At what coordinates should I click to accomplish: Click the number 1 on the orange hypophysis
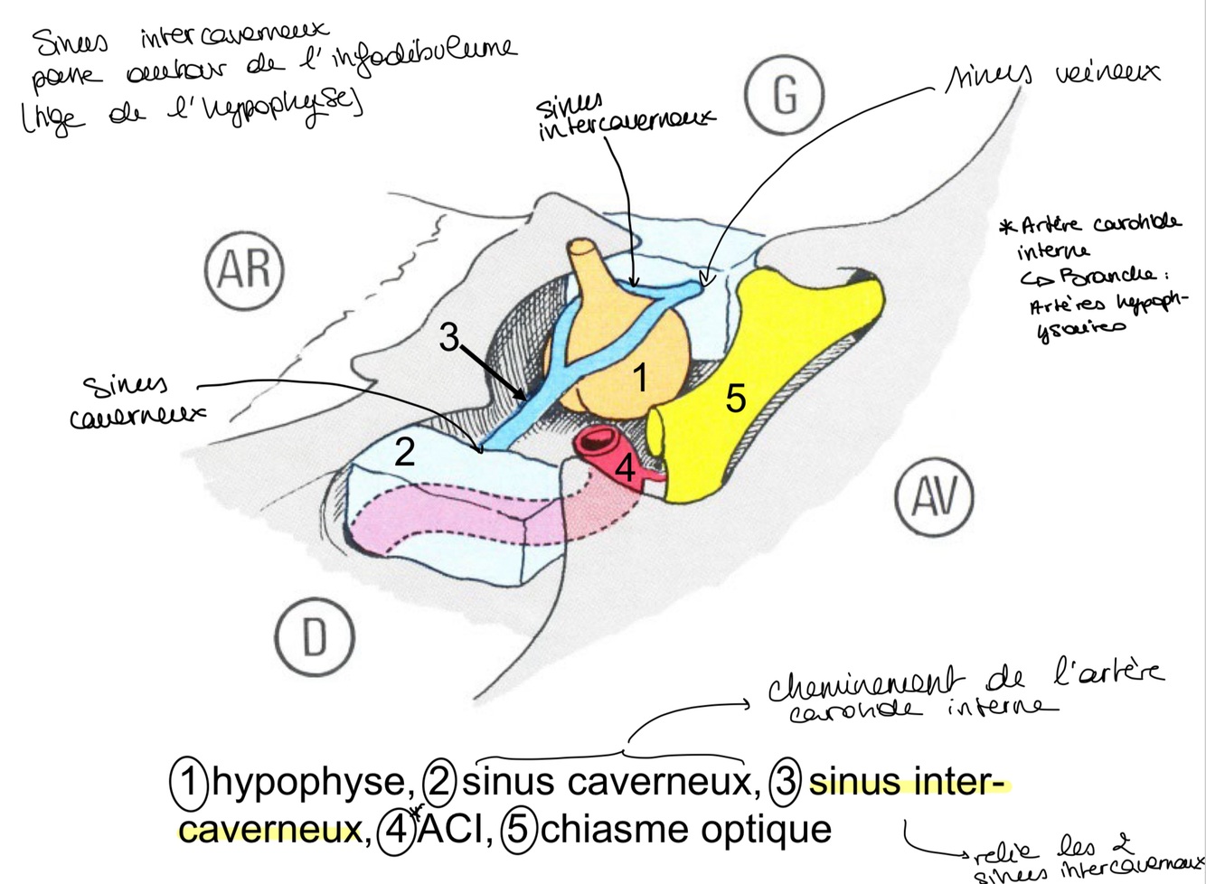(640, 379)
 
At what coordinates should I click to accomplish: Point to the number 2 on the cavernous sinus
(404, 451)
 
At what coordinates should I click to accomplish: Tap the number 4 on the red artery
(626, 470)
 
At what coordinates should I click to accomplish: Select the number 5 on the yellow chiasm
(736, 398)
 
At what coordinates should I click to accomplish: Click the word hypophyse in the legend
(308, 783)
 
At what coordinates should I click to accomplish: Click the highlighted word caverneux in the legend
(270, 829)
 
